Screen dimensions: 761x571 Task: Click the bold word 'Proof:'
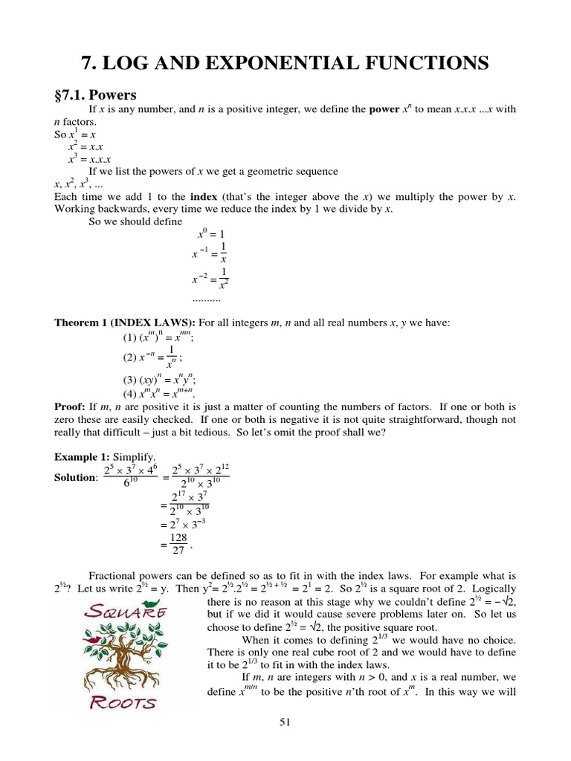tap(74, 407)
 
